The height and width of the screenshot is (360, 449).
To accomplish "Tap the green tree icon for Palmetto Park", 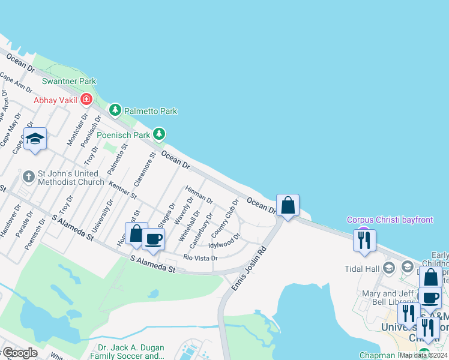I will pyautogui.click(x=115, y=110).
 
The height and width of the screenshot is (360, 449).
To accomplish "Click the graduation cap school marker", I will pyautogui.click(x=35, y=139).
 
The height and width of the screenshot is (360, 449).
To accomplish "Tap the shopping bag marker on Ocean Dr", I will pyautogui.click(x=288, y=206).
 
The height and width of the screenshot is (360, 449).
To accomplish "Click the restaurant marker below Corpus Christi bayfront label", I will pyautogui.click(x=364, y=240).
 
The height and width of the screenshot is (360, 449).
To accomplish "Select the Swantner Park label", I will pyautogui.click(x=69, y=81).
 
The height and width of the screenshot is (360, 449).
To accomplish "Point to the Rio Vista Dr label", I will pyautogui.click(x=200, y=258).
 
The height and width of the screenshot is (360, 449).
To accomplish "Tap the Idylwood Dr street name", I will pyautogui.click(x=224, y=244).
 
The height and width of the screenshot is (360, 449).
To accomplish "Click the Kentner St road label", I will pyautogui.click(x=124, y=190).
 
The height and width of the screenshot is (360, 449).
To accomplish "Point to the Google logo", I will pyautogui.click(x=20, y=353).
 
